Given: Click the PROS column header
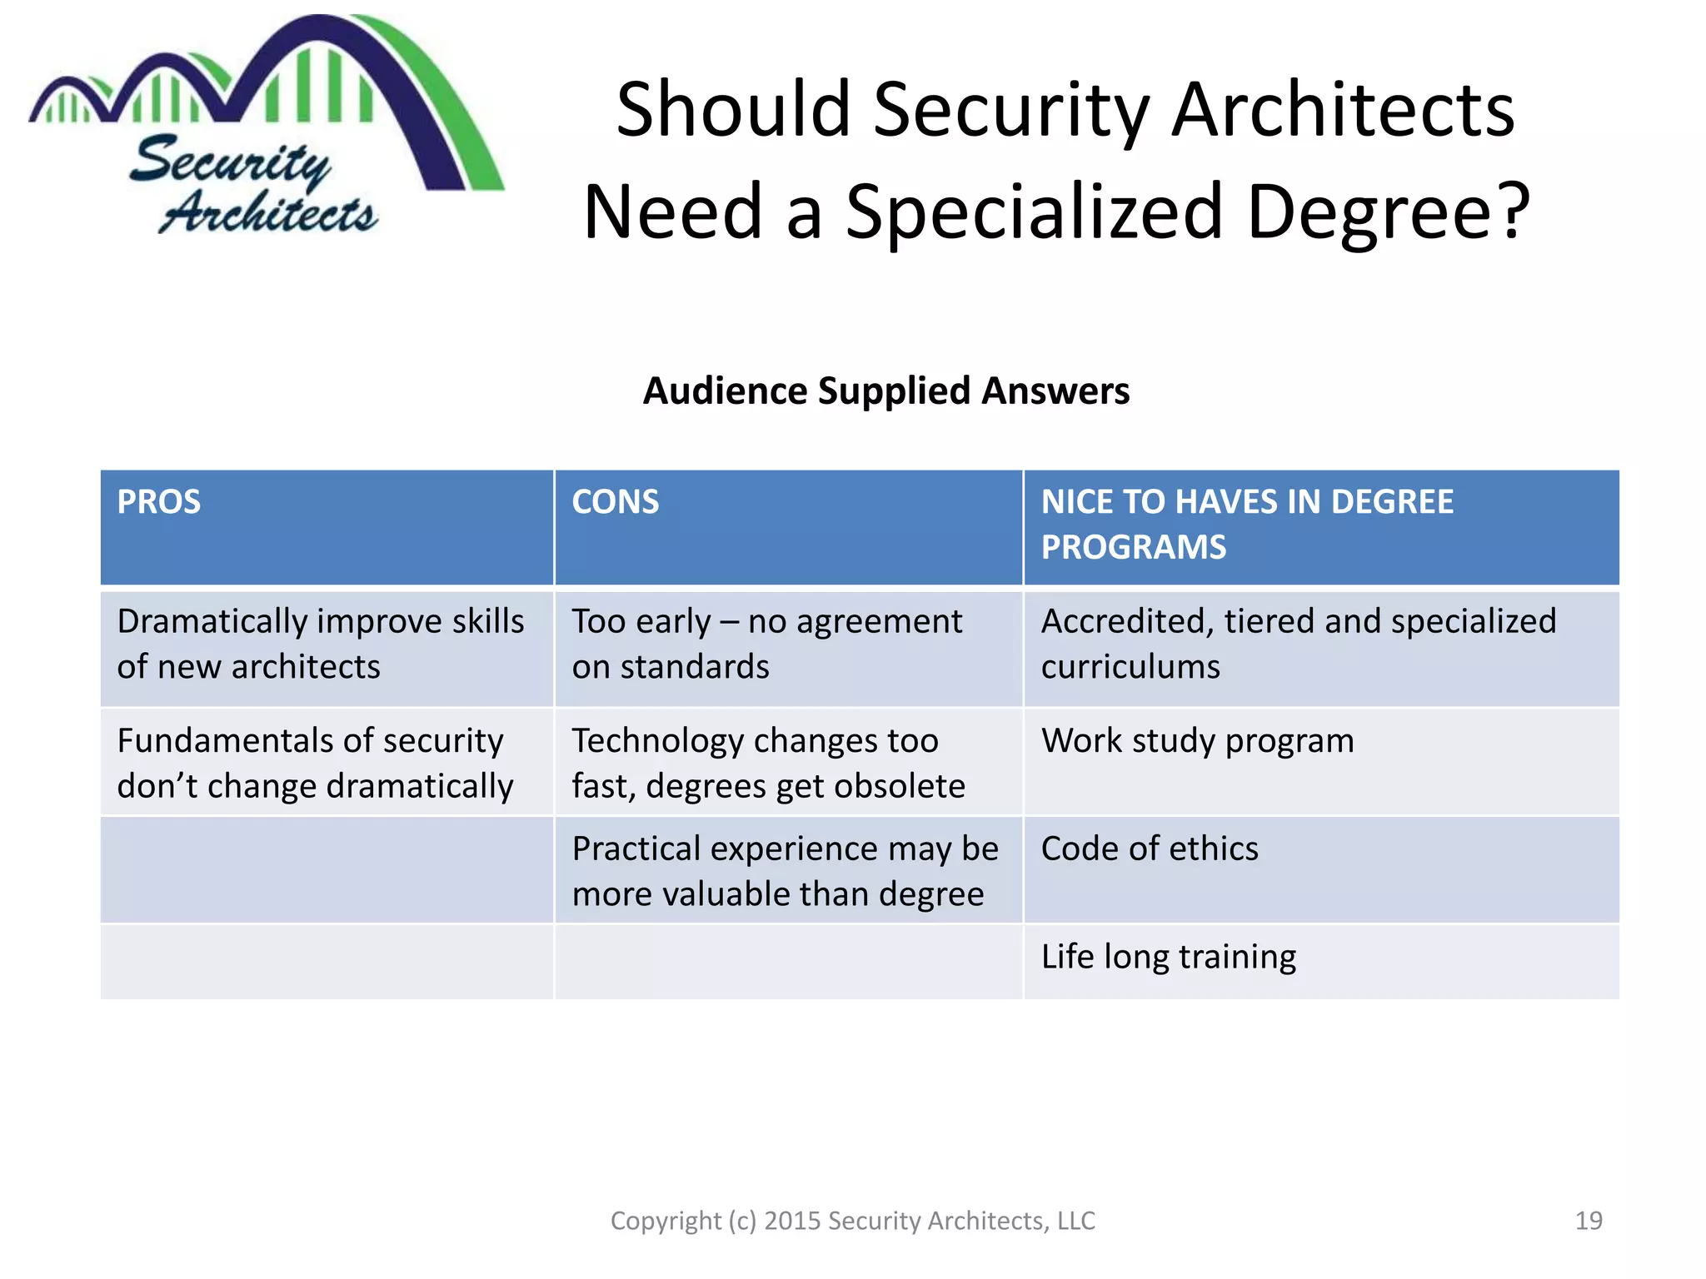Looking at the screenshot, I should tap(159, 502).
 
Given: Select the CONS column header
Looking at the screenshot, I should tap(615, 502).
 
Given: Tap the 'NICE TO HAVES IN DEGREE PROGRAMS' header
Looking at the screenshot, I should tap(1246, 525).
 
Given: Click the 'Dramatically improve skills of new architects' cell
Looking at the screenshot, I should tap(321, 644).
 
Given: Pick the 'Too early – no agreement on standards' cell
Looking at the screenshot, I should tap(766, 644).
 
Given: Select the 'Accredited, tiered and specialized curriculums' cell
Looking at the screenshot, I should tap(1298, 644).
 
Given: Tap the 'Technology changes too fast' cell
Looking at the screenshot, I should tap(768, 763).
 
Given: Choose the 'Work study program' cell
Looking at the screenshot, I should tap(1197, 740).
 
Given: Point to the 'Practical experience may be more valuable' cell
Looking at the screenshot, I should tap(785, 871).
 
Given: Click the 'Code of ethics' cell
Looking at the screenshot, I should tap(1150, 849).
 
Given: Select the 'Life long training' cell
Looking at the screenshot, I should tap(1168, 957).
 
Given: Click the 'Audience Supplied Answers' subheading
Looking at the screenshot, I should tap(886, 391).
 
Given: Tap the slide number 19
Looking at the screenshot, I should tap(1589, 1221).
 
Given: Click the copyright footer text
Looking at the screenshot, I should tap(853, 1221).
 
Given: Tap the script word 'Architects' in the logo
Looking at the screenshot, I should tap(268, 212).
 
